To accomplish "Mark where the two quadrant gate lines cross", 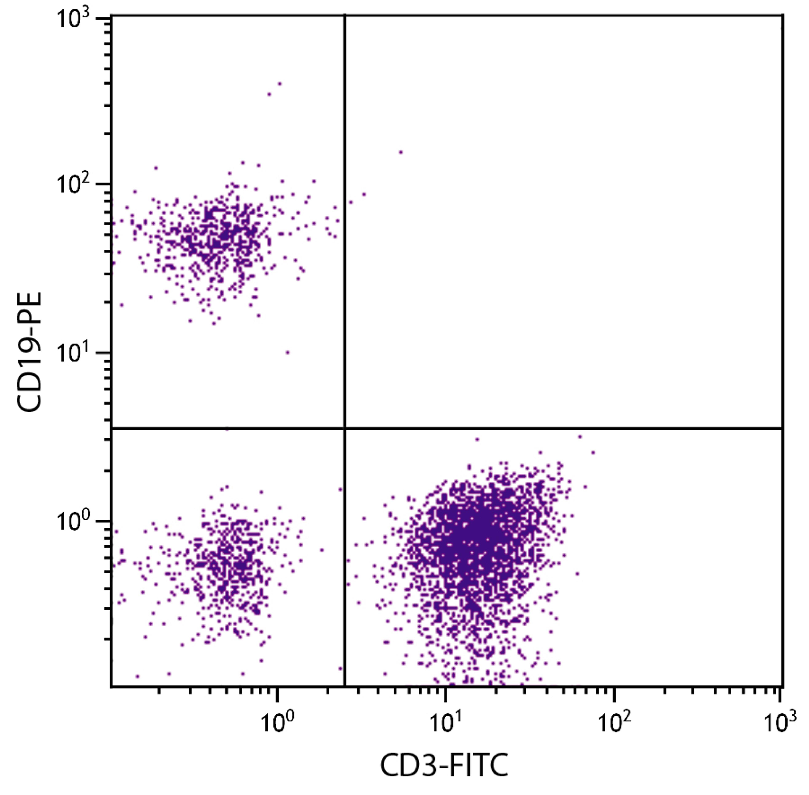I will pos(345,428).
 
